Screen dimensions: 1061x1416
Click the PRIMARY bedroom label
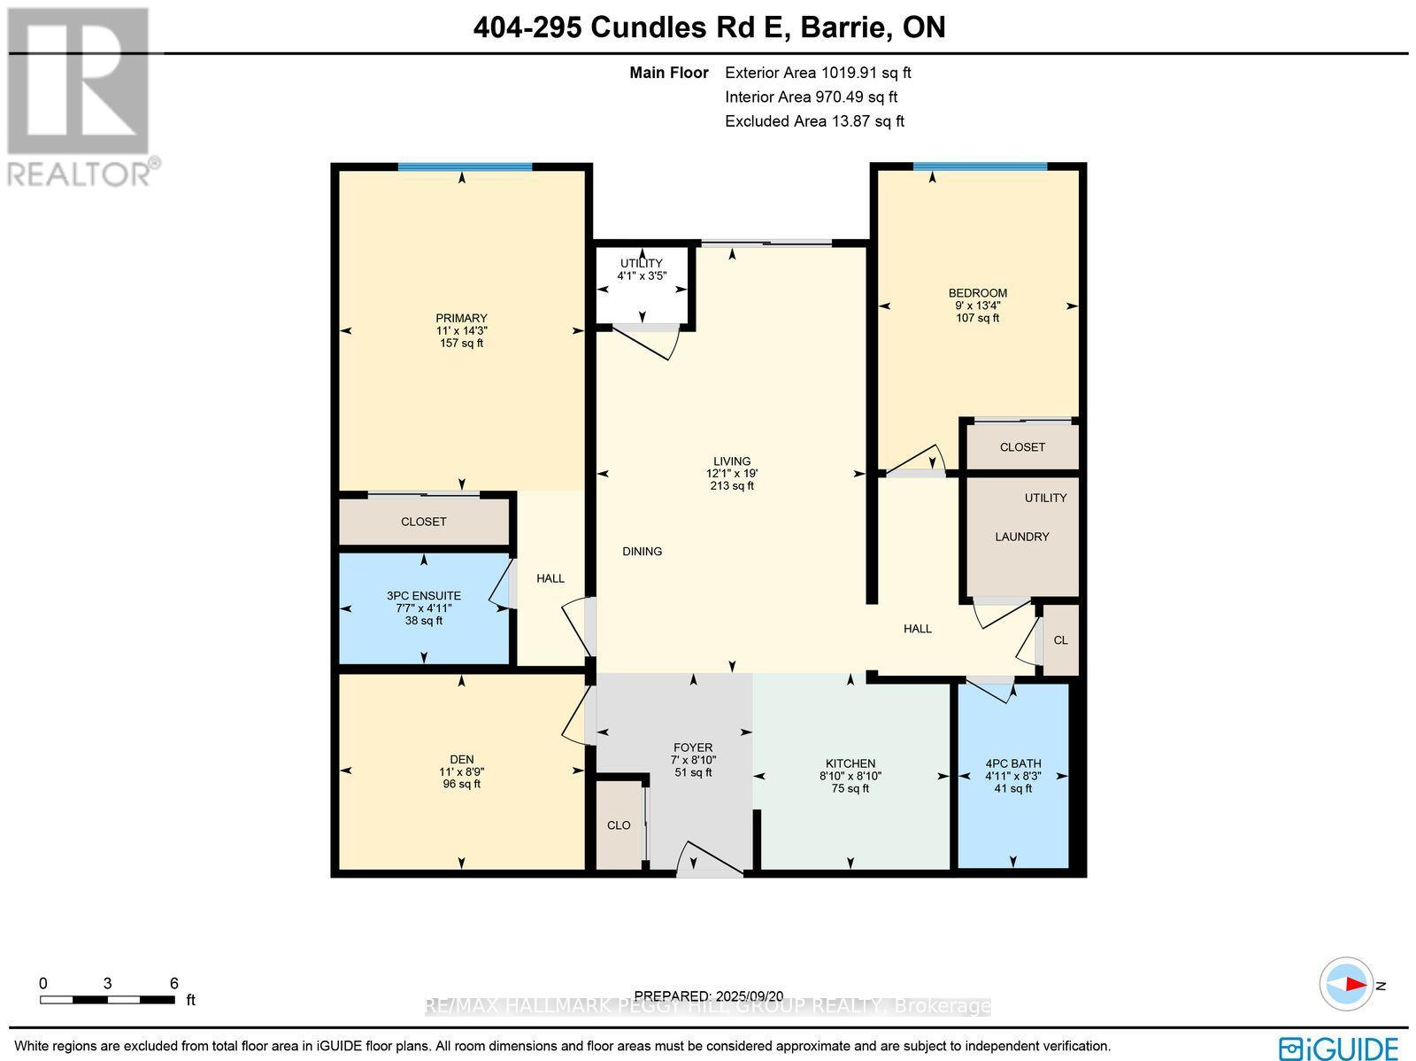461,318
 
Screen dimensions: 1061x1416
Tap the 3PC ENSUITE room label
423,596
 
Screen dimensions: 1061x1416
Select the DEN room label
461,759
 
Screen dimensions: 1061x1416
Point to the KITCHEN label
850,763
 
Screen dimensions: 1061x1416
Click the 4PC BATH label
1012,763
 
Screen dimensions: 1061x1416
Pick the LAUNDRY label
1021,537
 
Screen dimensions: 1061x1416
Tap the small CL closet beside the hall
1060,640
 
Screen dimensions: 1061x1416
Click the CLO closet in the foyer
619,825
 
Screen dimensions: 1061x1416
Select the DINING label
642,551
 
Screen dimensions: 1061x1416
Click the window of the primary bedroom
465,167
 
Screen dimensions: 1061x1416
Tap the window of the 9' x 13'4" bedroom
980,166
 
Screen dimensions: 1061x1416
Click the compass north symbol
1347,985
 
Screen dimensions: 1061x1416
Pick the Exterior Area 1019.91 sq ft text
817,74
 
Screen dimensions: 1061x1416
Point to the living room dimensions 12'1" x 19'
731,473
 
